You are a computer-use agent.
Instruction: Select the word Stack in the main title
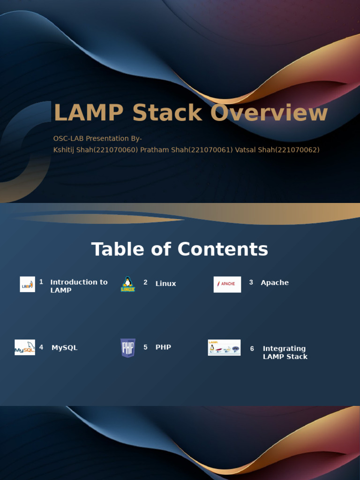click(167, 113)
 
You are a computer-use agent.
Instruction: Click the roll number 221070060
click(117, 150)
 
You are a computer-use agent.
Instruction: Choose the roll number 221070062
click(297, 150)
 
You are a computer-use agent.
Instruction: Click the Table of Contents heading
click(180, 249)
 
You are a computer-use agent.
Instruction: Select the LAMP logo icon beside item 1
click(27, 284)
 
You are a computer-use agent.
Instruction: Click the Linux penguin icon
click(127, 284)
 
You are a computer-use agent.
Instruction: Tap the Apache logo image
click(227, 284)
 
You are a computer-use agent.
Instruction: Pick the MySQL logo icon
click(25, 347)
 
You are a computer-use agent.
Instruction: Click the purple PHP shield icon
click(128, 348)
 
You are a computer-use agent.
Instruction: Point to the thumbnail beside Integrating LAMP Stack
click(224, 347)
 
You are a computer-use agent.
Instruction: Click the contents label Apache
click(275, 283)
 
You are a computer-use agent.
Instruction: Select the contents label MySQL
click(65, 348)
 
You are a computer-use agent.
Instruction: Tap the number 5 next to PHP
click(145, 347)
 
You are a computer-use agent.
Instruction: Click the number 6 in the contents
click(252, 349)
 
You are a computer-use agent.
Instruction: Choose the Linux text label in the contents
click(166, 284)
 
